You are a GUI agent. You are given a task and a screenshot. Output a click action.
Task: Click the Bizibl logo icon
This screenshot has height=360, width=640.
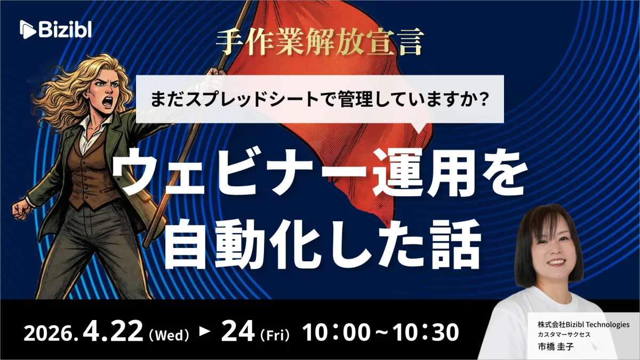point(28,29)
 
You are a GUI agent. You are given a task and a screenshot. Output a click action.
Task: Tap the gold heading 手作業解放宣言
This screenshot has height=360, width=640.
point(319,42)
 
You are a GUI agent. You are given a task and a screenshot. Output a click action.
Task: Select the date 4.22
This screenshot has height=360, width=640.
point(113,331)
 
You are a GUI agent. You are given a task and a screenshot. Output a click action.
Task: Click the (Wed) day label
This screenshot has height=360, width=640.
point(169,335)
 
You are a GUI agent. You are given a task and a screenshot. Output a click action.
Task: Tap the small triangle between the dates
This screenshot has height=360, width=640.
point(205,331)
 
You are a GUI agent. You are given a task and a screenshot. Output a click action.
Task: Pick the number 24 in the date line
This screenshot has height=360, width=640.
point(238,331)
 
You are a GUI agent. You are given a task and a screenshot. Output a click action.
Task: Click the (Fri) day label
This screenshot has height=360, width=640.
point(275,335)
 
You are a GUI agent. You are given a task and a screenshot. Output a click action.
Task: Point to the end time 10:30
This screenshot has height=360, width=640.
point(426,333)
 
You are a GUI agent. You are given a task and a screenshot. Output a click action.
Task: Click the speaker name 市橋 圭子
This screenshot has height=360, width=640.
point(556,347)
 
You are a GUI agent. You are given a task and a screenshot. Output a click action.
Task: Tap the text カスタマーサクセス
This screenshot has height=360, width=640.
point(564,334)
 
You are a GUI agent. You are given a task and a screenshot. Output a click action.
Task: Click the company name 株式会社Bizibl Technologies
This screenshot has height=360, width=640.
point(583,325)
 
